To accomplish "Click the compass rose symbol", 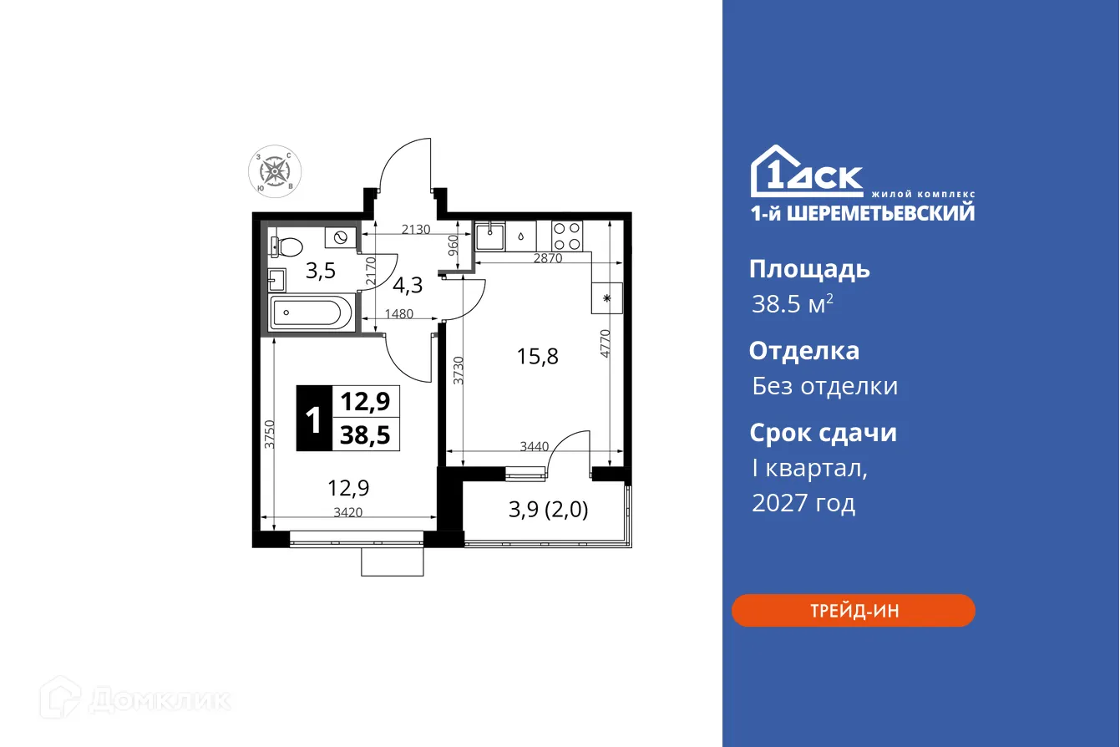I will click(275, 171).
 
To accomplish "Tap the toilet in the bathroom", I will click(288, 246).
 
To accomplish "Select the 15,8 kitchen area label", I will click(538, 356).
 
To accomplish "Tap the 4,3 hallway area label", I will click(408, 285).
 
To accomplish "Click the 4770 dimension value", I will click(606, 343).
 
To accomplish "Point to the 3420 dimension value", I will click(347, 513).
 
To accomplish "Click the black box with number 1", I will click(314, 419).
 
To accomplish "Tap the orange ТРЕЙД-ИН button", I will click(853, 611).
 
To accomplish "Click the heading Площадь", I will click(809, 269).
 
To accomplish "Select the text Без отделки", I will click(824, 386).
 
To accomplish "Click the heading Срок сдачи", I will click(823, 433).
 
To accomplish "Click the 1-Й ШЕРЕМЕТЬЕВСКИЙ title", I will click(861, 213).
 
